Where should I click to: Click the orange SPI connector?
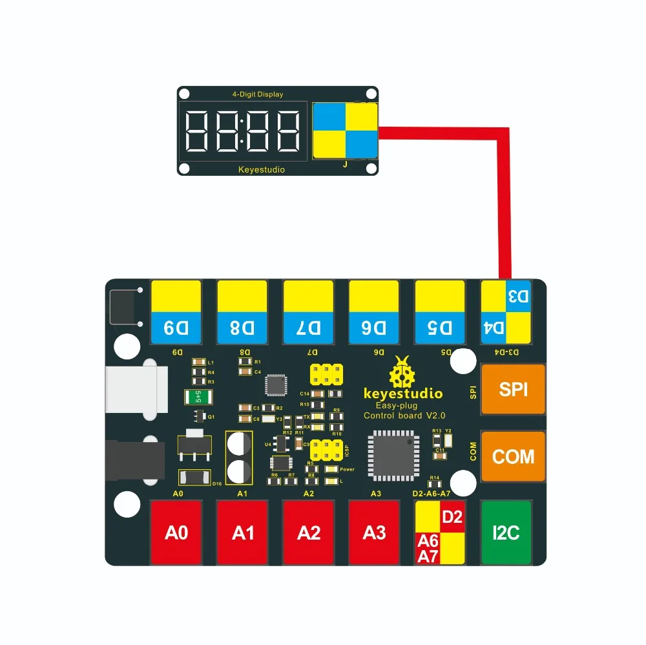[513, 389]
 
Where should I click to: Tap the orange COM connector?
[513, 457]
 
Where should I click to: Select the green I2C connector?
[506, 533]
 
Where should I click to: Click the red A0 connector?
[176, 533]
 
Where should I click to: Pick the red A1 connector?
[242, 533]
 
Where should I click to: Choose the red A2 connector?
[309, 533]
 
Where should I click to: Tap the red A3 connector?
[375, 533]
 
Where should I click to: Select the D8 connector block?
[242, 312]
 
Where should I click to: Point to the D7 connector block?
[309, 312]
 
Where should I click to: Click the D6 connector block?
[375, 312]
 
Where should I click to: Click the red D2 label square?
[452, 517]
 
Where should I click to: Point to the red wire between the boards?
[505, 194]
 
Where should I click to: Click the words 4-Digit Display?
[258, 94]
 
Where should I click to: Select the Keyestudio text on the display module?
[261, 170]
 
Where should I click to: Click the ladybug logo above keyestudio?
[402, 374]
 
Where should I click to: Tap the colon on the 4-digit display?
[242, 131]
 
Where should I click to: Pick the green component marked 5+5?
[198, 396]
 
